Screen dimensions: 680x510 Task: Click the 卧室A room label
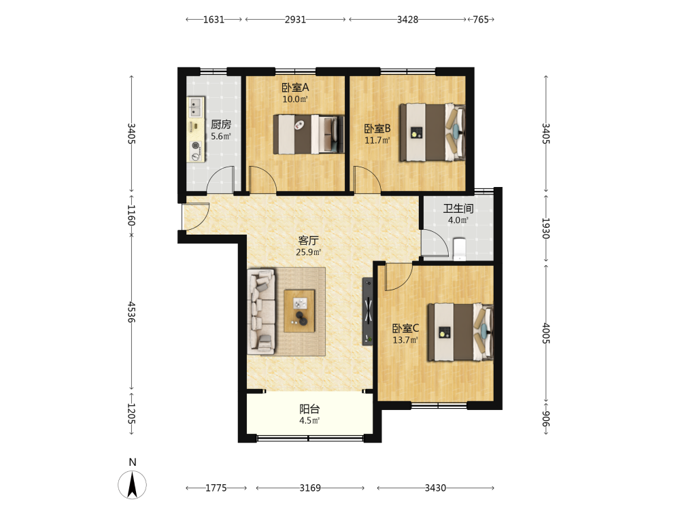point(295,88)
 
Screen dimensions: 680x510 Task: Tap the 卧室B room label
point(377,129)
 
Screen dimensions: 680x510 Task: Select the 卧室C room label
point(405,328)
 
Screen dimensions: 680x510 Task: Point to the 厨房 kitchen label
point(221,124)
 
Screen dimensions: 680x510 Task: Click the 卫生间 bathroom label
point(458,209)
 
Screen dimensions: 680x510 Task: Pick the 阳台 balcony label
point(309,409)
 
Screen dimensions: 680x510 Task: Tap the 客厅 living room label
point(308,240)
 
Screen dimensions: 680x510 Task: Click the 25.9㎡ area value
point(308,252)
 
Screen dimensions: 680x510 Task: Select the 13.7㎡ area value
point(405,341)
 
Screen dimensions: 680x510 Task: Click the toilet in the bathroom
point(459,249)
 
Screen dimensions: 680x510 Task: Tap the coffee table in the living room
point(299,311)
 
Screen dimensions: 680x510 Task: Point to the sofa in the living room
point(262,311)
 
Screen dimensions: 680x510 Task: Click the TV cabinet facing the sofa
point(368,311)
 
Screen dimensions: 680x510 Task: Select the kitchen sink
point(196,107)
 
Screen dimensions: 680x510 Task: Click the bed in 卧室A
point(308,134)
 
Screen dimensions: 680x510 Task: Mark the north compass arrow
point(133,483)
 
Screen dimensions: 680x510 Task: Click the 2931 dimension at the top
point(295,20)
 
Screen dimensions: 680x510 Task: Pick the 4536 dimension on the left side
point(131,312)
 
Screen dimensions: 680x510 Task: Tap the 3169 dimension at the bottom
point(310,488)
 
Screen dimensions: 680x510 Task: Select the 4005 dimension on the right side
point(546,333)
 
